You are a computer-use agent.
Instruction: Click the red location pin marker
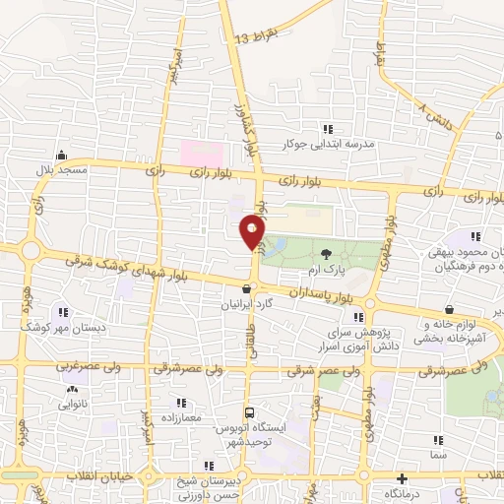click(x=252, y=233)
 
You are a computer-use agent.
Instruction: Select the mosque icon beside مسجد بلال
click(x=61, y=155)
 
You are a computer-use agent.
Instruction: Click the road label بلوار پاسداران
click(x=321, y=293)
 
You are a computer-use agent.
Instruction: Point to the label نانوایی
click(x=73, y=403)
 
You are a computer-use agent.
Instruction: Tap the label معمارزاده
click(x=178, y=418)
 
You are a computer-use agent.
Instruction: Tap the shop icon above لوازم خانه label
click(x=450, y=309)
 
